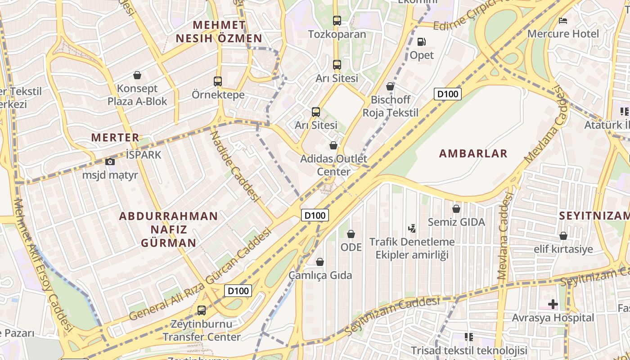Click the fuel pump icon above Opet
422,42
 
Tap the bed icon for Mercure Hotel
563,20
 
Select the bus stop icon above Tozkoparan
337,21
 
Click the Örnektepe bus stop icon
218,81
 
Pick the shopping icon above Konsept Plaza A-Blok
137,75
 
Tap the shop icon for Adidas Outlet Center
333,145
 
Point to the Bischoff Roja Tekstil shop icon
390,86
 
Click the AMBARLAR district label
473,153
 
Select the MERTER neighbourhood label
115,137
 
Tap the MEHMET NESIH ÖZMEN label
219,31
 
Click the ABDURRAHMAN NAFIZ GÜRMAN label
169,229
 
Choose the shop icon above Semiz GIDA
456,209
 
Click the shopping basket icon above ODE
351,234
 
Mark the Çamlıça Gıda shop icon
320,262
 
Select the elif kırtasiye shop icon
563,236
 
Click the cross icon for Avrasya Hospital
553,305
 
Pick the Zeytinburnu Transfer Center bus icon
202,310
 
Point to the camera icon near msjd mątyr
110,162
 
